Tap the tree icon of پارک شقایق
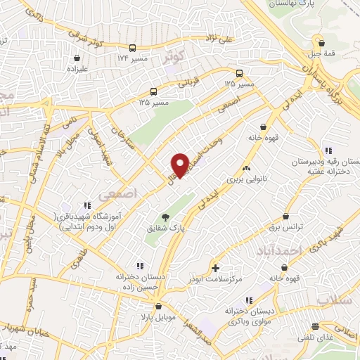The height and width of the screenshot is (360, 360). tap(165, 217)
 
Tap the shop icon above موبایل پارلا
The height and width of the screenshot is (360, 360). tap(160, 307)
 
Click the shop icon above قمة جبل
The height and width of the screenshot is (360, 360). tap(321, 42)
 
